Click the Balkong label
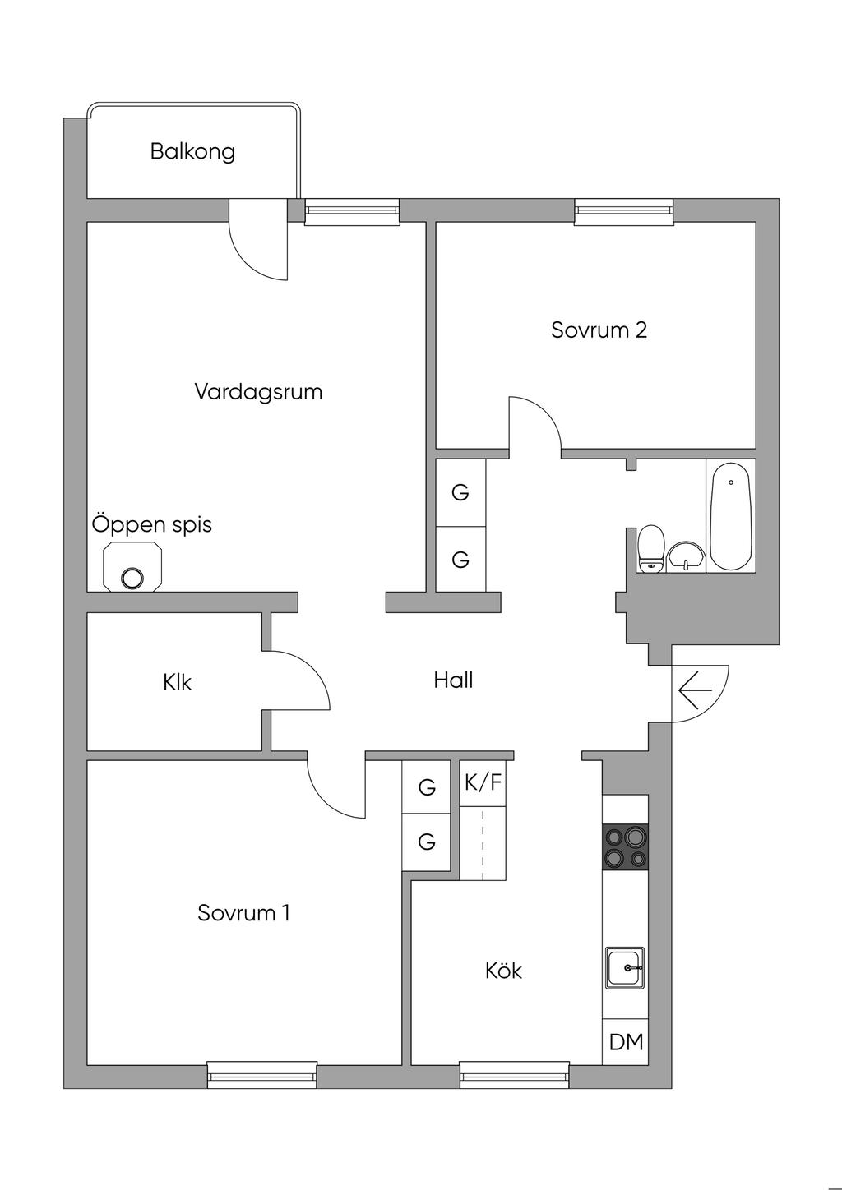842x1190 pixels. click(192, 152)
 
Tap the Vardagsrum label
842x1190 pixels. click(258, 392)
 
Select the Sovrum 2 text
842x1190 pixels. click(599, 330)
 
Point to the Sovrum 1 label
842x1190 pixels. click(243, 913)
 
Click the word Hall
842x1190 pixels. click(453, 680)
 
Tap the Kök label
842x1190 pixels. click(503, 971)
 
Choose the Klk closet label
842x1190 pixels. click(177, 682)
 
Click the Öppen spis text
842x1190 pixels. click(152, 524)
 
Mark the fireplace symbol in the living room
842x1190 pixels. click(132, 566)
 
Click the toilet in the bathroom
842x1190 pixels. click(651, 548)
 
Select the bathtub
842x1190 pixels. click(731, 516)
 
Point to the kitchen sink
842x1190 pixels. click(625, 968)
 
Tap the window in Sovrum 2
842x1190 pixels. click(624, 211)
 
